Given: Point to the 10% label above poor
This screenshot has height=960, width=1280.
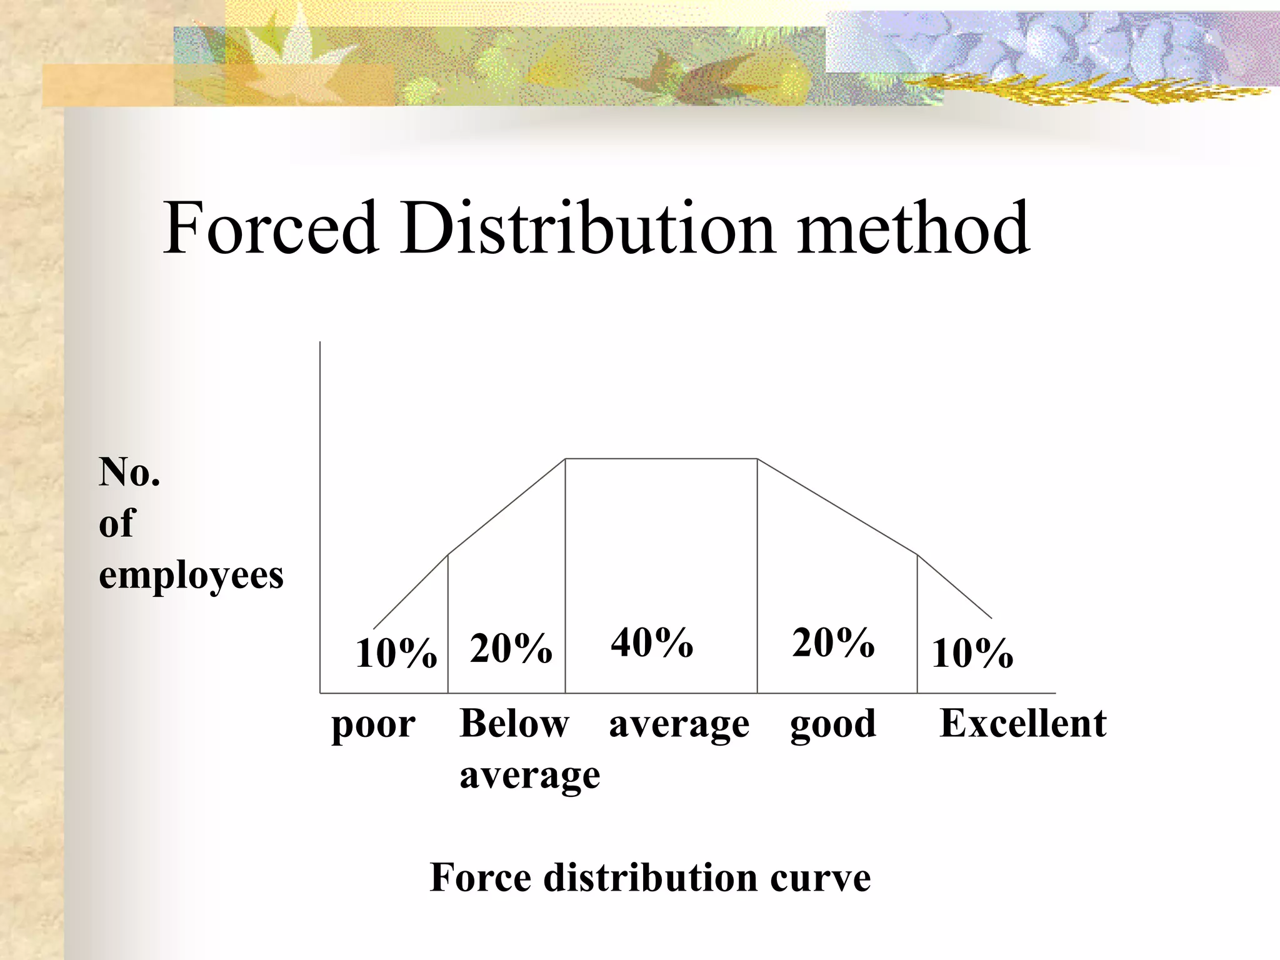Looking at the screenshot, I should click(396, 654).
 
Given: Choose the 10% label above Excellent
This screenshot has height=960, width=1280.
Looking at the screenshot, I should click(972, 654).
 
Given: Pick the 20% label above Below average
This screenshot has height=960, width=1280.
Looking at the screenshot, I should click(511, 648).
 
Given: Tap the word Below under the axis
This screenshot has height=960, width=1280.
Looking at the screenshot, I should click(514, 724).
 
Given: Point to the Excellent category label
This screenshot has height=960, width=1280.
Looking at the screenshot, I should click(1022, 724).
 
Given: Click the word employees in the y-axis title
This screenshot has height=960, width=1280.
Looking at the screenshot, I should click(191, 576).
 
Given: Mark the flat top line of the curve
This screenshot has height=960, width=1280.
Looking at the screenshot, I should click(661, 459).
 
